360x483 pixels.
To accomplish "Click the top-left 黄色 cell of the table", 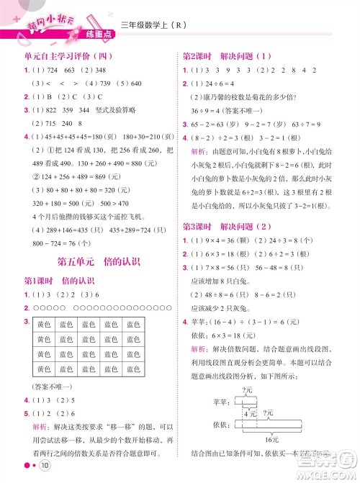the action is click(x=45, y=325).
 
